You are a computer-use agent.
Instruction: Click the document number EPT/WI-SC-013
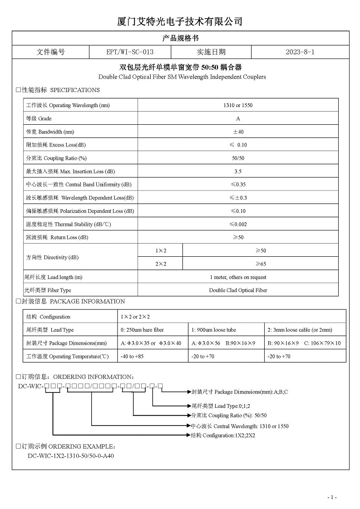point(129,52)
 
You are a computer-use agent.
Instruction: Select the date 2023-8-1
point(300,52)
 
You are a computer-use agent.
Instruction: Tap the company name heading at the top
point(180,21)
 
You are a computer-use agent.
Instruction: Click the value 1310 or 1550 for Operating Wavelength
point(238,105)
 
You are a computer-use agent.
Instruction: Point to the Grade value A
point(238,118)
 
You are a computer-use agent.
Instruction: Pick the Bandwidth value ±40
point(238,132)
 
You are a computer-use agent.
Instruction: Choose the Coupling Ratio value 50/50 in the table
point(238,158)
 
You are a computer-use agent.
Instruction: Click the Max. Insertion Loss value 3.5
point(238,171)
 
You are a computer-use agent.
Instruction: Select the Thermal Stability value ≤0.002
point(238,224)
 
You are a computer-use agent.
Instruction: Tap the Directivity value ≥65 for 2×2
point(261,264)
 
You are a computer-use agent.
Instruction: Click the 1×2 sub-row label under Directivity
point(161,250)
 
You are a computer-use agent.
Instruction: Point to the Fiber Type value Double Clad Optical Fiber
point(238,290)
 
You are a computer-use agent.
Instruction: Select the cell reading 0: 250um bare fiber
point(142,330)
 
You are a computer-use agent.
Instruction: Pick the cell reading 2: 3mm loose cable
point(300,330)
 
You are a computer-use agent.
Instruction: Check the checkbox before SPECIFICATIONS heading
point(19,90)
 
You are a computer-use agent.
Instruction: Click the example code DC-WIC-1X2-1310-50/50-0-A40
point(71,456)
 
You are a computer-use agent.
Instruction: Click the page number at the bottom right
point(332,498)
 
